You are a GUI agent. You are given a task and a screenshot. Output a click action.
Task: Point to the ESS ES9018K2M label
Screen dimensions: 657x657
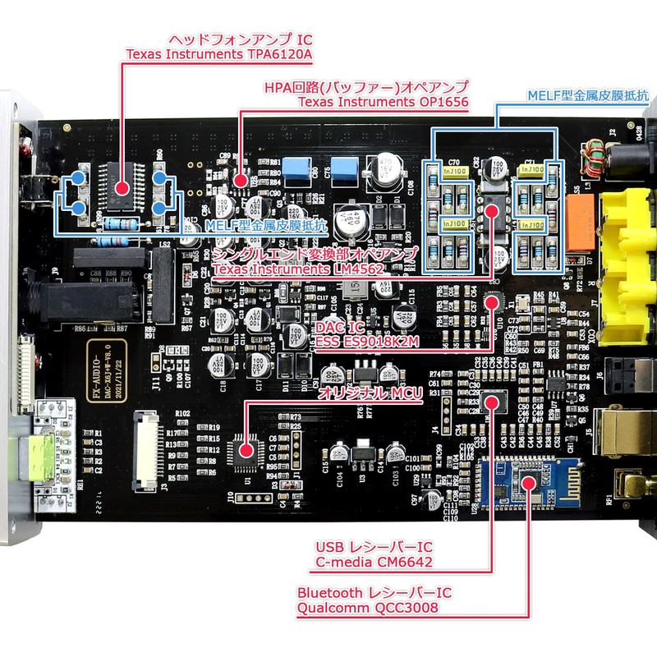tap(368, 341)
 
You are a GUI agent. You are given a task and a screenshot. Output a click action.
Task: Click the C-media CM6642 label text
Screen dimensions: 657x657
tap(374, 563)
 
